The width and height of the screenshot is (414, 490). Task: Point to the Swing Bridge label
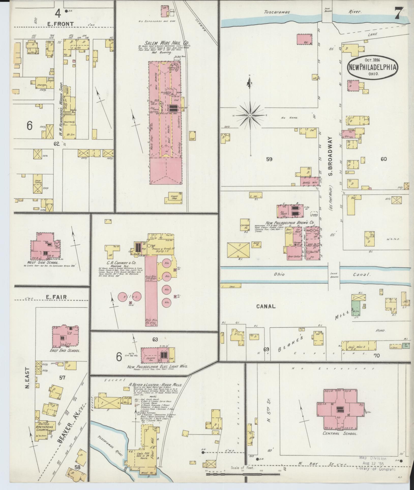(333, 275)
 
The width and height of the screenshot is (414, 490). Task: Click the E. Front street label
(61, 24)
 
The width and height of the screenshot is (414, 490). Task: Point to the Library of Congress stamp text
(376, 469)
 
